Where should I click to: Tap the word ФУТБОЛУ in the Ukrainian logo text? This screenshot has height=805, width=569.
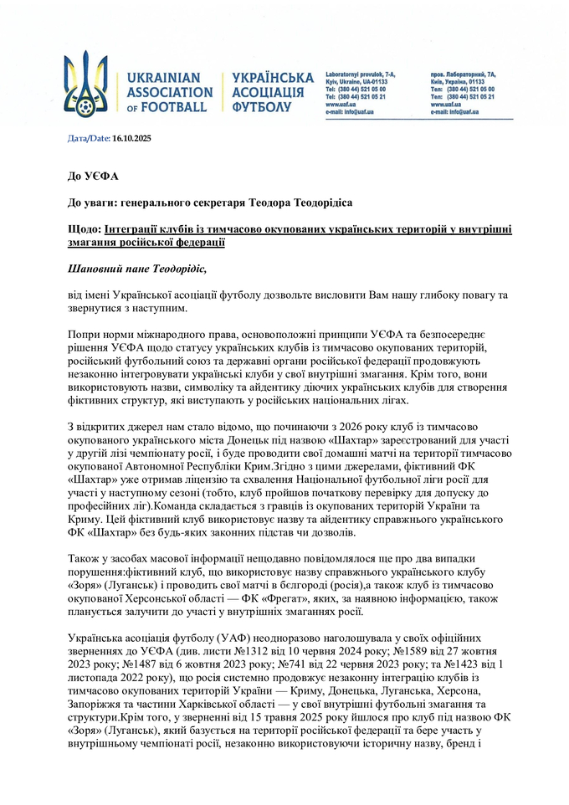[262, 107]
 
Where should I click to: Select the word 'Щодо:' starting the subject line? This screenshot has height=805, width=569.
[84, 228]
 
